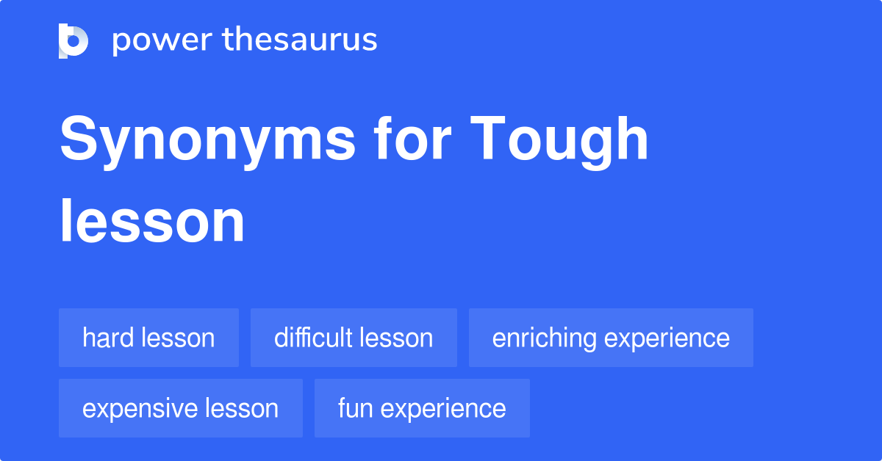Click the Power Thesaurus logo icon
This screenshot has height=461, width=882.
coord(73,40)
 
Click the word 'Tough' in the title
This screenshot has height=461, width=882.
coord(560,141)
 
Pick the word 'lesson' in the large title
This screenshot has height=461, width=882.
coord(152,221)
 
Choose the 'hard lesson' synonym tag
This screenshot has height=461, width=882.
coord(148,338)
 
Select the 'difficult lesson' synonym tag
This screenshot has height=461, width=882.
coord(354,338)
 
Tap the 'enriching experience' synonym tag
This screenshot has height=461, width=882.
coord(611,338)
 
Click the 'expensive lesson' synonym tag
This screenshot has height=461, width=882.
coord(180,408)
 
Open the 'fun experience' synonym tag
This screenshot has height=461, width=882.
coord(422,408)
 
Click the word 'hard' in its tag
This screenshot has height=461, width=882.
coord(107,338)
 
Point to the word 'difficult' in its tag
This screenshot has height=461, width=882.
coord(312,338)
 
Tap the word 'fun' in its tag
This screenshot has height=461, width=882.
coord(352,408)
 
